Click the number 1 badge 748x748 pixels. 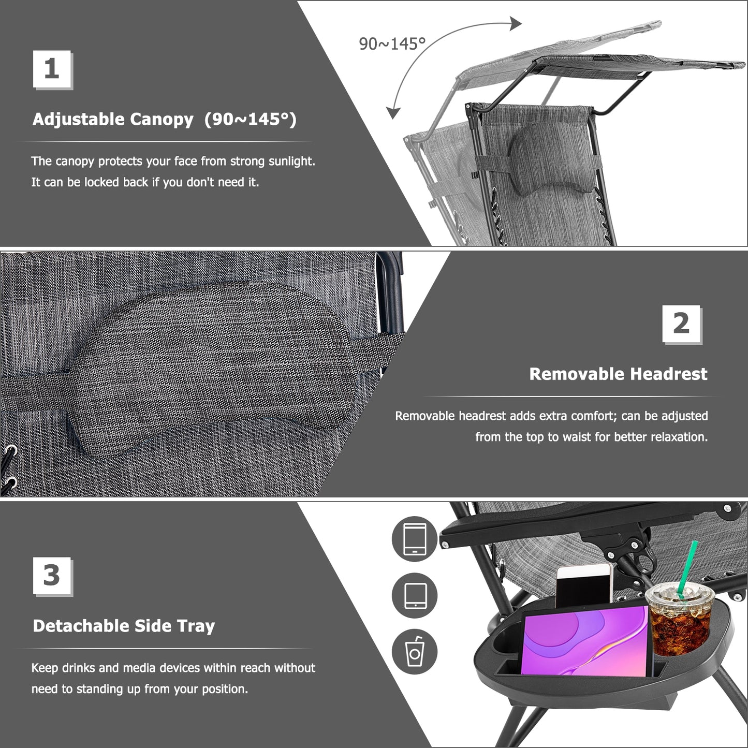[x=52, y=69]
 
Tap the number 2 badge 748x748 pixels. [x=681, y=324]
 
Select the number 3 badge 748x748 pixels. [x=52, y=576]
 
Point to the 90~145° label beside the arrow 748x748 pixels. [x=392, y=44]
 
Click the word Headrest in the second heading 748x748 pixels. [x=673, y=374]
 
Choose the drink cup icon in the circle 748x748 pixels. [x=414, y=652]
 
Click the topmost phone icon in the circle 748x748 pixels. [x=414, y=539]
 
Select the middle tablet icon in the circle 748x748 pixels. [x=414, y=595]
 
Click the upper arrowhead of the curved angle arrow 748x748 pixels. [x=515, y=23]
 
